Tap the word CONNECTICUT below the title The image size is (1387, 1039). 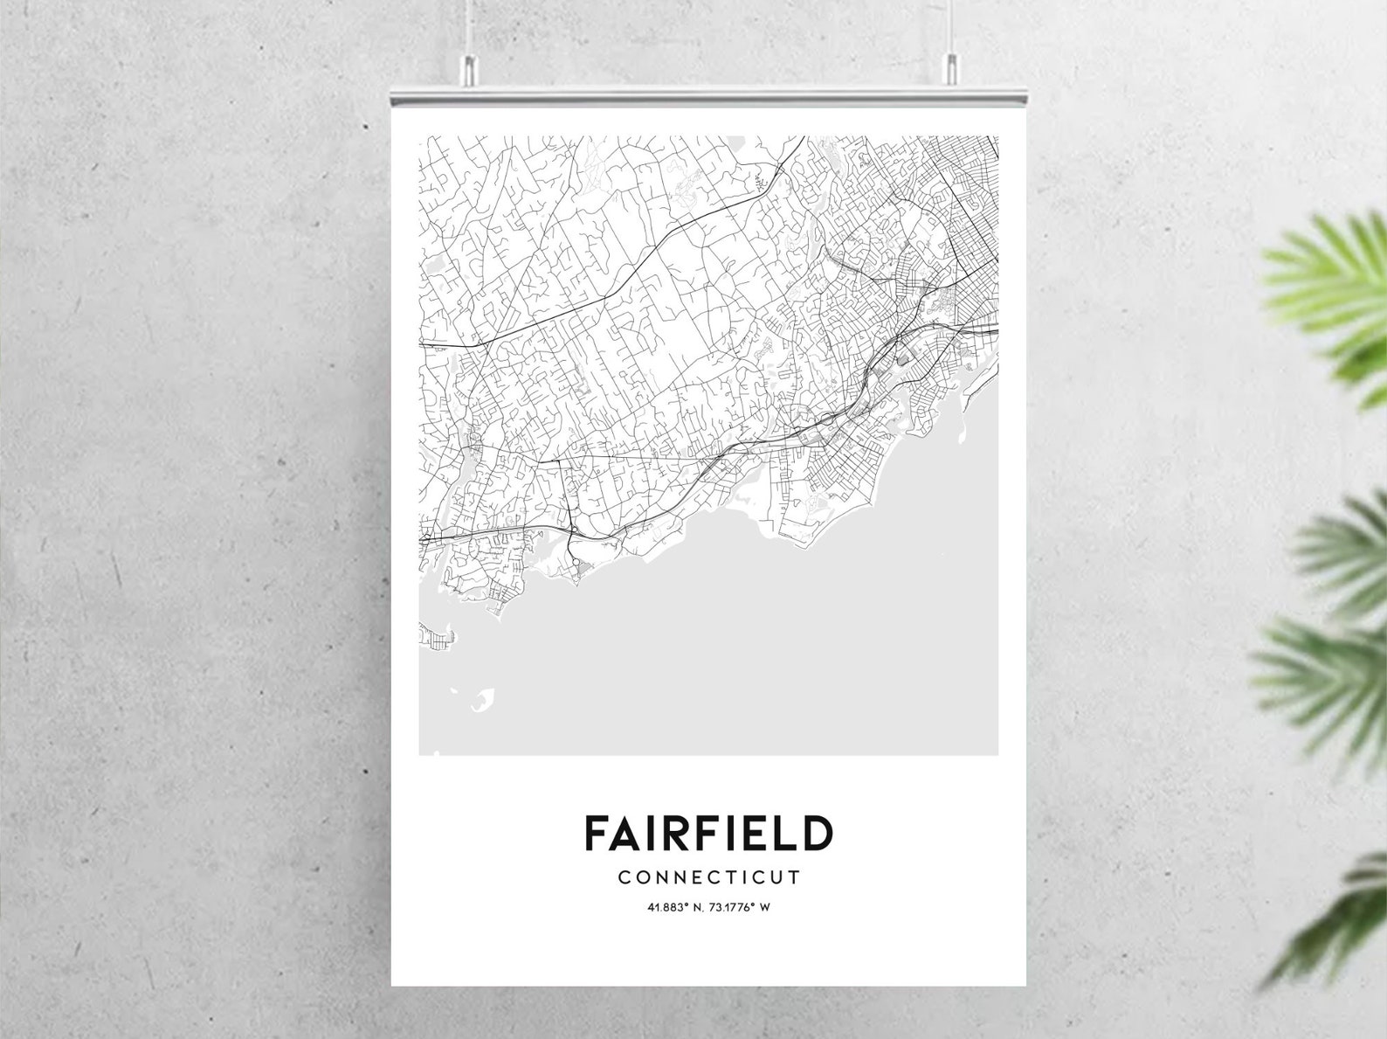(708, 877)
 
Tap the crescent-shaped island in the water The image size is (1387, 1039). (482, 700)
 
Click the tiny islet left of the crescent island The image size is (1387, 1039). (454, 690)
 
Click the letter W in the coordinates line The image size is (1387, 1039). (764, 907)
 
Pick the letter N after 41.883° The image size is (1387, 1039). (688, 907)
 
